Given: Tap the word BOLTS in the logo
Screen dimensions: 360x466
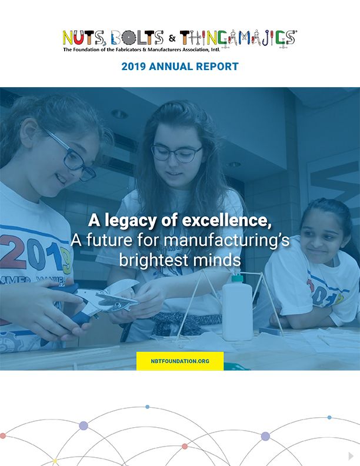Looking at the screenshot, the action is click(x=137, y=38).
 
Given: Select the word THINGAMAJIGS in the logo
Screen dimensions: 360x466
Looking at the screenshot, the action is click(x=238, y=38).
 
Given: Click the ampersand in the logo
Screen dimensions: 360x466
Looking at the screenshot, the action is click(x=172, y=38).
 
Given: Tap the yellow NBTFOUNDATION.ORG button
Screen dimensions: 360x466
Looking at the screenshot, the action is click(x=180, y=361).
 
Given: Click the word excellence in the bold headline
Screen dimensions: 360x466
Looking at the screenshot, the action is click(x=226, y=221).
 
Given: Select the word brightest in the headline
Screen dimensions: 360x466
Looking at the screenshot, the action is click(x=154, y=260).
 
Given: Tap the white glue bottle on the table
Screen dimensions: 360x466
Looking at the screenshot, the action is click(x=237, y=308).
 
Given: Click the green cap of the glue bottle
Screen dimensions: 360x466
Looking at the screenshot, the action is click(x=237, y=278).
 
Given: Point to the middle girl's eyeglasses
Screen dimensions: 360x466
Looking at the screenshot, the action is click(x=176, y=153).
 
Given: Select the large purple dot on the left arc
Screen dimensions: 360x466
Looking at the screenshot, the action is click(x=84, y=425).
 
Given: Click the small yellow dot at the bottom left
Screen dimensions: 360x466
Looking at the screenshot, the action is click(x=55, y=461).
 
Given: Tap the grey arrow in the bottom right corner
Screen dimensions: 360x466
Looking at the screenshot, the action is click(x=351, y=456).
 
